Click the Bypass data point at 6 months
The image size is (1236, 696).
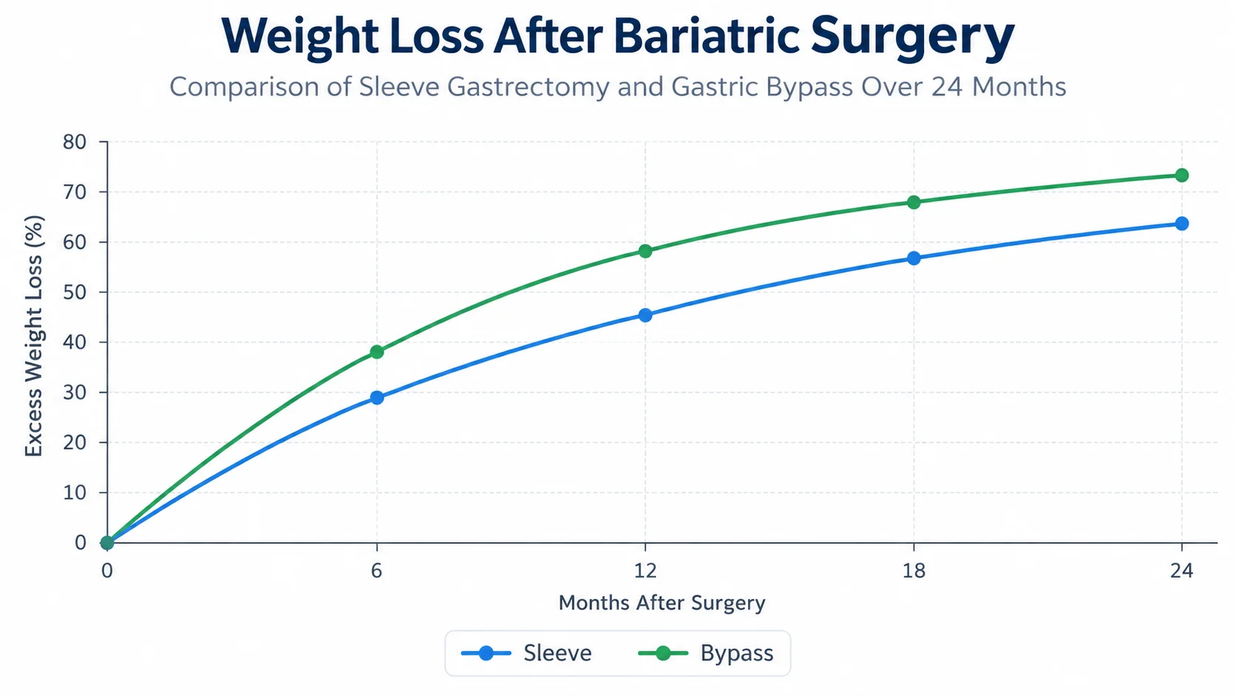click(x=377, y=351)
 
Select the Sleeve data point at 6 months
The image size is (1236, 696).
click(x=377, y=397)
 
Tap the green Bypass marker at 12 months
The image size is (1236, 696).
click(x=645, y=251)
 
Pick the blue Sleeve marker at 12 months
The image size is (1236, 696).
click(x=645, y=315)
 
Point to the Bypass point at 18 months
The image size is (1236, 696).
click(x=914, y=202)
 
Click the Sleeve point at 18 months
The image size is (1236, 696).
click(x=914, y=257)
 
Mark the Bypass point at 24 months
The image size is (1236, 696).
click(x=1182, y=175)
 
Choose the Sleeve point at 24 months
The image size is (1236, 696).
click(x=1182, y=223)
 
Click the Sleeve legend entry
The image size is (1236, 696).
click(x=526, y=653)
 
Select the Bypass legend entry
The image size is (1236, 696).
click(x=706, y=653)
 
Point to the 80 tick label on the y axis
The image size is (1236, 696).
click(x=75, y=142)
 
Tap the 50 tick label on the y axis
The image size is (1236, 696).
click(x=75, y=292)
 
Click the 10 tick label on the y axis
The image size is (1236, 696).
click(x=75, y=493)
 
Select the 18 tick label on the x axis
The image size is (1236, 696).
click(x=914, y=570)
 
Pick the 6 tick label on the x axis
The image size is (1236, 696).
click(x=376, y=570)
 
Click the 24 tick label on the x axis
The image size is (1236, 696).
click(x=1181, y=570)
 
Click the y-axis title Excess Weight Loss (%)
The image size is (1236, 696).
click(x=34, y=336)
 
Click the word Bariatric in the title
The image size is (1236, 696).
click(x=706, y=36)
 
